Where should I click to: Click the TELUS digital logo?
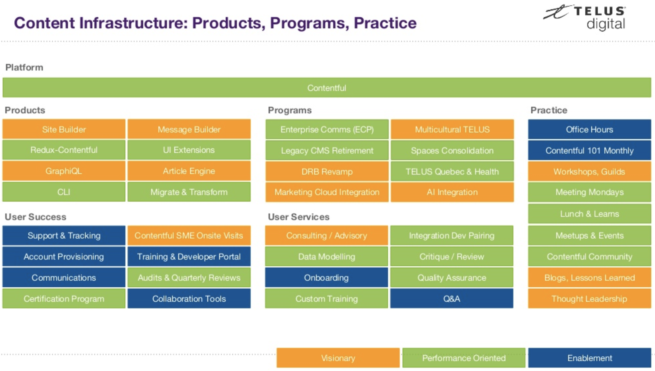tap(584, 18)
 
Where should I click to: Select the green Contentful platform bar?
tap(327, 88)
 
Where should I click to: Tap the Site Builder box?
tap(64, 129)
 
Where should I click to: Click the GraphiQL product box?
tap(64, 171)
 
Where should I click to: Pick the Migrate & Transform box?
tap(189, 192)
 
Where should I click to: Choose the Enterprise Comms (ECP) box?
tap(327, 129)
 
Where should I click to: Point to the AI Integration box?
tap(452, 192)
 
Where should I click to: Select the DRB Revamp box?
tap(327, 171)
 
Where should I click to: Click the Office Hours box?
tap(589, 129)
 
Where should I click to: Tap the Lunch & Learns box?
tap(589, 214)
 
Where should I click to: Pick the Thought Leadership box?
tap(589, 298)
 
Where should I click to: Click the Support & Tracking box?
tap(64, 235)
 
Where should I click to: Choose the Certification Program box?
tap(64, 298)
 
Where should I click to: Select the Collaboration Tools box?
tap(189, 298)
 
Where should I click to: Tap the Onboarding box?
tap(326, 278)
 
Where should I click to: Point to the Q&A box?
tap(452, 298)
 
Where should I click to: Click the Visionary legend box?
tap(338, 358)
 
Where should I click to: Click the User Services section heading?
tap(299, 217)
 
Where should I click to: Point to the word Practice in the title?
tap(385, 23)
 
